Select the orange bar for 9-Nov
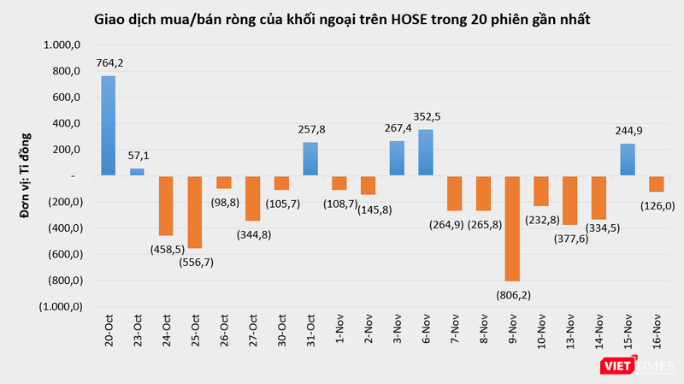pos(513,228)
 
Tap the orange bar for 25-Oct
pos(195,212)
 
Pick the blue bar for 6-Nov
pos(426,152)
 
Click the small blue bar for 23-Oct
pos(137,172)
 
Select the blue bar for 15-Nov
pos(628,160)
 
